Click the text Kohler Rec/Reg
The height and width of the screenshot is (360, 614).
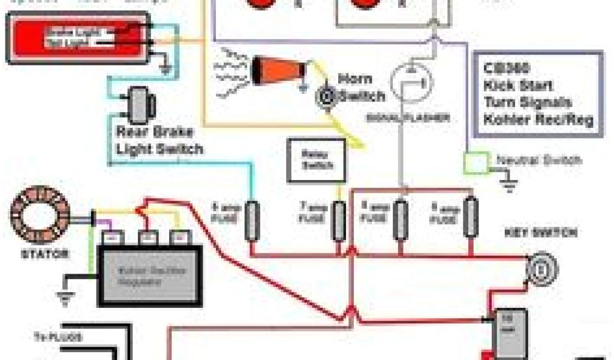pos(538,119)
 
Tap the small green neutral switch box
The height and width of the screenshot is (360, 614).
pos(477,162)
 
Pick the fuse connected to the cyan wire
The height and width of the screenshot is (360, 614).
pos(252,220)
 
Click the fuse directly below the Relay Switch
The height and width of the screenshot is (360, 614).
pos(339,220)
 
